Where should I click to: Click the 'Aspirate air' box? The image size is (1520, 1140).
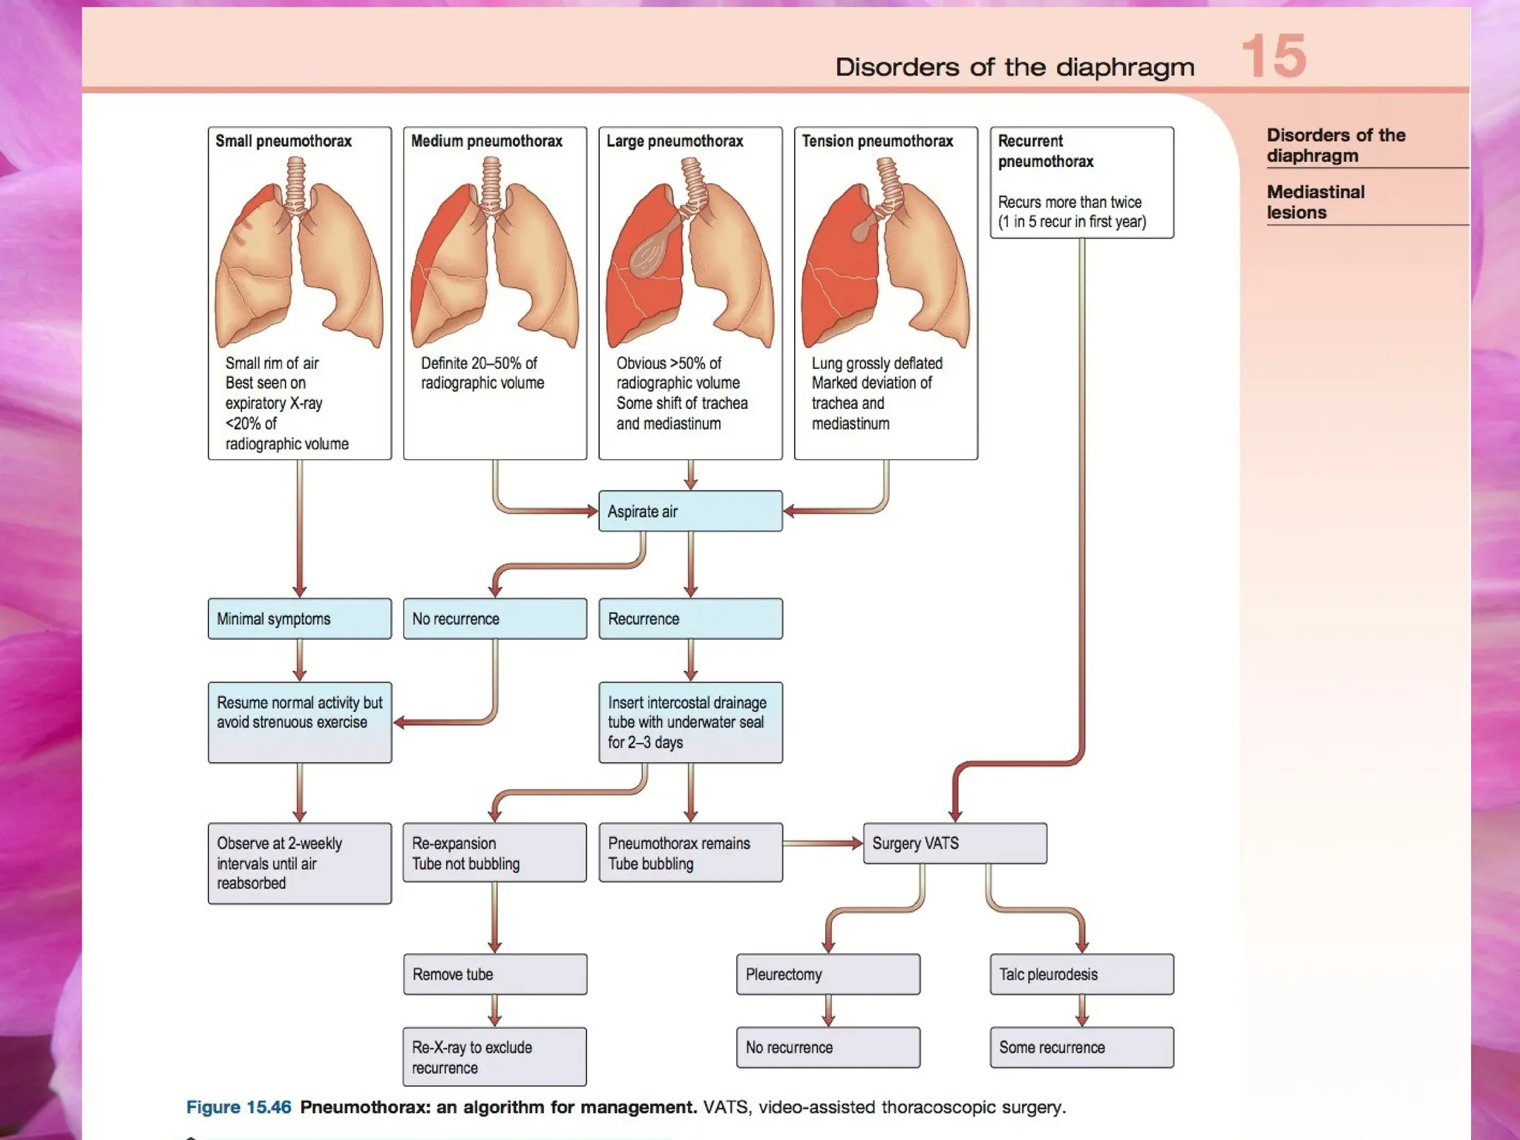coord(689,511)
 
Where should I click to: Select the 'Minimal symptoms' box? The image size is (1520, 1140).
coord(299,618)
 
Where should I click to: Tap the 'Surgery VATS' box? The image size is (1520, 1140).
coord(954,843)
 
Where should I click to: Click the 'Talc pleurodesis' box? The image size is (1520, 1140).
coord(1081,974)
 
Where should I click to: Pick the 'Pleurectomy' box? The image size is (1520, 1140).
coord(828,974)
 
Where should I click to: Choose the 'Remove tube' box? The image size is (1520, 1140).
coord(494,974)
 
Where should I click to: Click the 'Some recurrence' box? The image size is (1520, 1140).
coord(1081,1047)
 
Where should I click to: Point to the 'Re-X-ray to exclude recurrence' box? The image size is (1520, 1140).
coord(494,1057)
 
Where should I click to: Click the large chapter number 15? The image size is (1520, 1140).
coord(1274,56)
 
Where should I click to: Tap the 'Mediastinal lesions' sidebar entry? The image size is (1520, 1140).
coord(1315,202)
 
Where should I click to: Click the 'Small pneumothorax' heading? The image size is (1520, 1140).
coord(284,141)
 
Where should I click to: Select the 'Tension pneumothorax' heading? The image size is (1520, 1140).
coord(877,141)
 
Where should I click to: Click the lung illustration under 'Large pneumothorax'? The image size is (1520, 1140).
coord(689,260)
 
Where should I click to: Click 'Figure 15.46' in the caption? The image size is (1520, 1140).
coord(238,1107)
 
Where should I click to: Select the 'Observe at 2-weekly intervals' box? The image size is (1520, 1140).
coord(299,862)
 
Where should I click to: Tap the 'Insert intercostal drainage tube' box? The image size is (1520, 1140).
coord(689,722)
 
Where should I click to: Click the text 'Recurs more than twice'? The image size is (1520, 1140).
coord(1069,202)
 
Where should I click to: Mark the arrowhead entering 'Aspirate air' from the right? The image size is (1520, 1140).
coord(790,511)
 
